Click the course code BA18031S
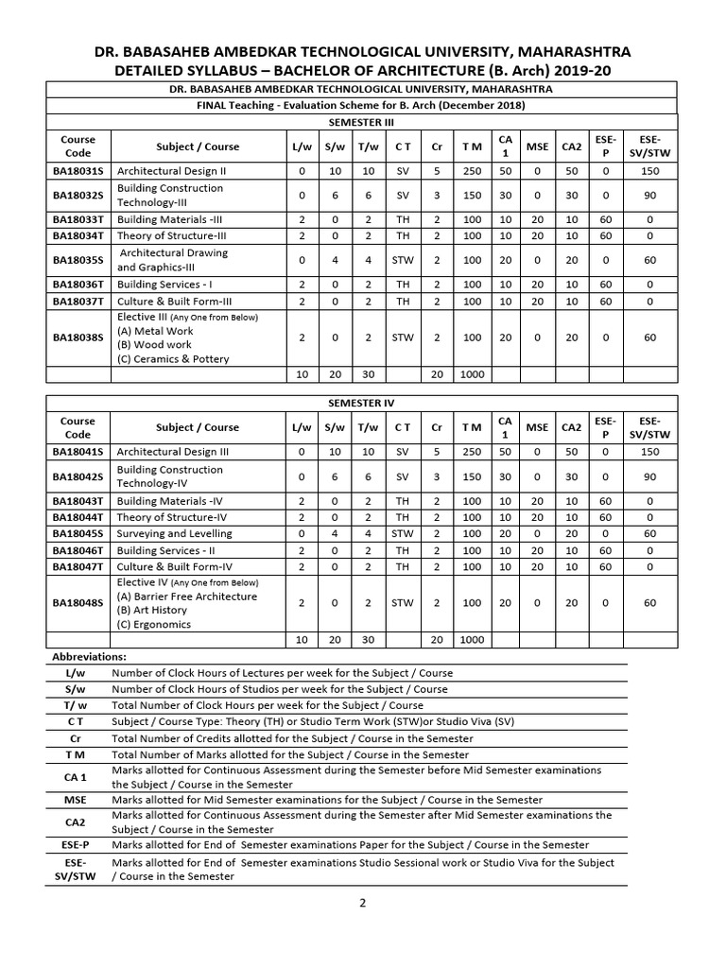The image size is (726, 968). pyautogui.click(x=78, y=171)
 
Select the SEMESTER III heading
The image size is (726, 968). pyautogui.click(x=362, y=122)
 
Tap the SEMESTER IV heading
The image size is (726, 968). pyautogui.click(x=362, y=402)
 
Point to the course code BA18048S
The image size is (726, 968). pyautogui.click(x=78, y=602)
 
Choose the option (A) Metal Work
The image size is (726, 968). pyautogui.click(x=155, y=331)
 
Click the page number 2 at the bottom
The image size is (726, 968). pyautogui.click(x=362, y=903)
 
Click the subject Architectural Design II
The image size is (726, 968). pyautogui.click(x=170, y=171)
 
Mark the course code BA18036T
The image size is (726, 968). pyautogui.click(x=78, y=285)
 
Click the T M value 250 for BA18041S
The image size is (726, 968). pyautogui.click(x=472, y=452)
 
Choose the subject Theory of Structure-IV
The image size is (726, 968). pyautogui.click(x=172, y=517)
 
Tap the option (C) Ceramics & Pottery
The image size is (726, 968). pyautogui.click(x=173, y=358)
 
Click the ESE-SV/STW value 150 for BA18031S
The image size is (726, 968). pyautogui.click(x=649, y=171)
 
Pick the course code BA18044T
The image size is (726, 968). pyautogui.click(x=78, y=517)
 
